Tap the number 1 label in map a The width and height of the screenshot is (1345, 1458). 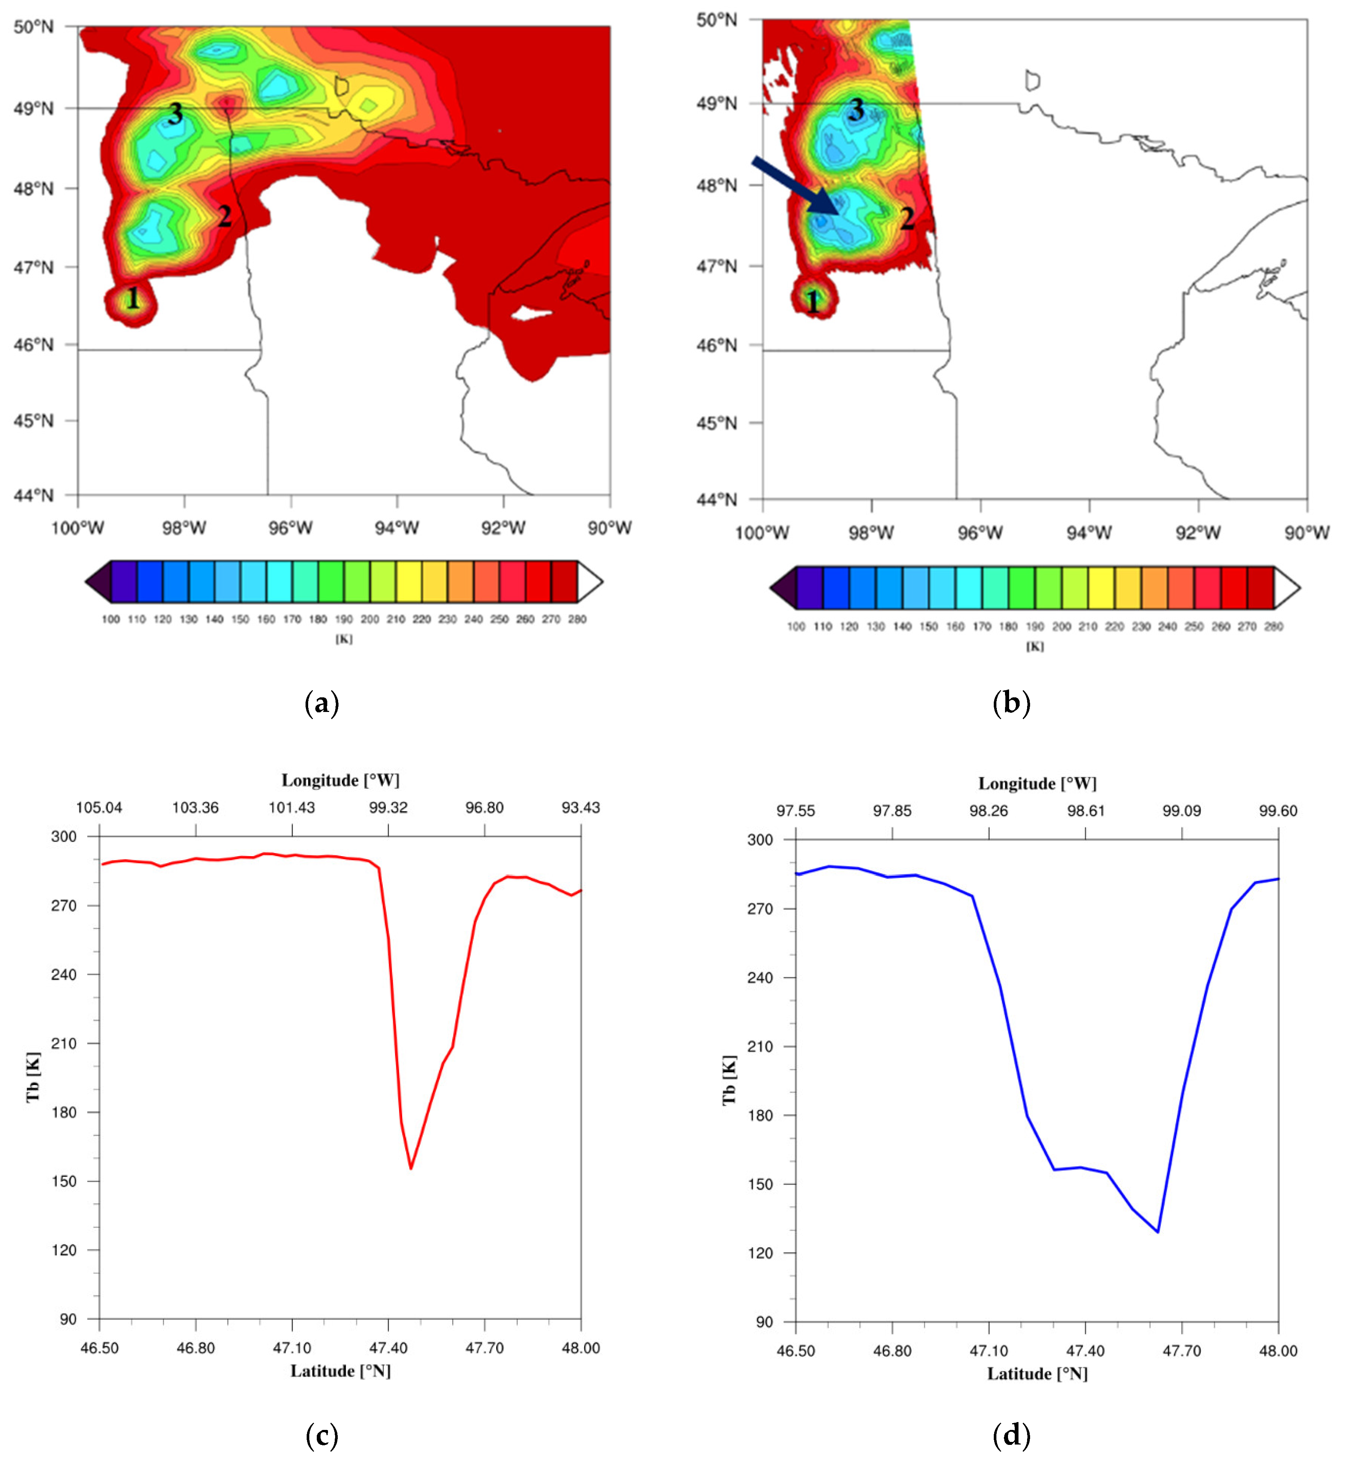pyautogui.click(x=133, y=298)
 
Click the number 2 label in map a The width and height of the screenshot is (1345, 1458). pyautogui.click(x=225, y=216)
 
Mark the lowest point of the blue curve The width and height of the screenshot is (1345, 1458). pyautogui.click(x=1157, y=1232)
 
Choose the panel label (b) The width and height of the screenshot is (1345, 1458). pyautogui.click(x=1011, y=703)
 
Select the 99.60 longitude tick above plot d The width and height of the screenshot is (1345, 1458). pyautogui.click(x=1278, y=811)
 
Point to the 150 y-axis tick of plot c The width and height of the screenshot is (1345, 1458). pyautogui.click(x=64, y=1180)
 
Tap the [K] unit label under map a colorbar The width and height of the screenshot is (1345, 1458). pyautogui.click(x=344, y=639)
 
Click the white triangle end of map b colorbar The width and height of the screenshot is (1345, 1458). pyautogui.click(x=1286, y=587)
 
